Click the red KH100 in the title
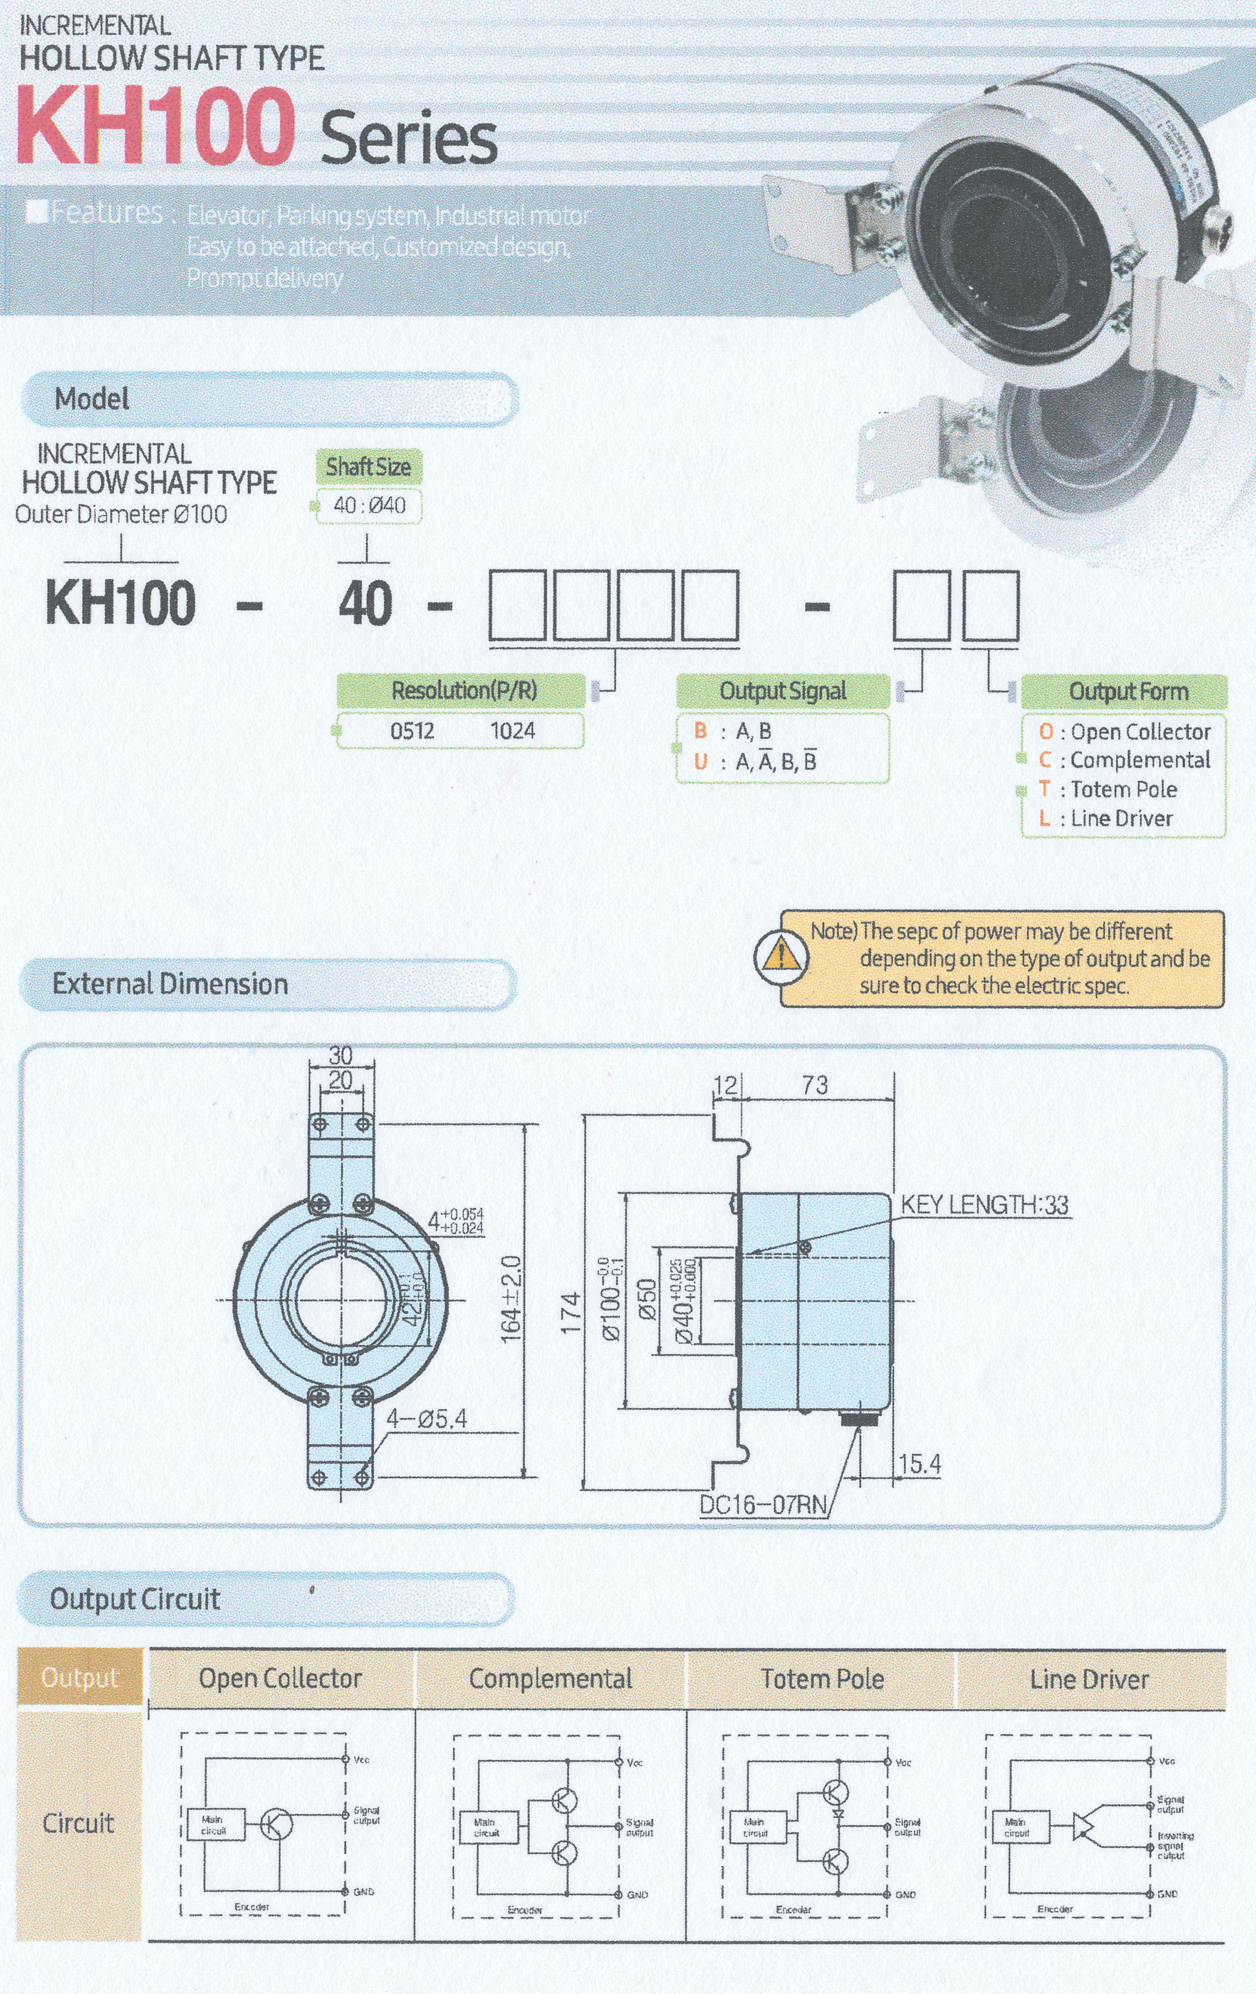pos(156,127)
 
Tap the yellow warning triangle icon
pos(779,957)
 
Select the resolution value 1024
pos(512,730)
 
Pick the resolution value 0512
pos(412,730)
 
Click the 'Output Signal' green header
pos(782,691)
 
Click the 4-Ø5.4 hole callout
pos(426,1419)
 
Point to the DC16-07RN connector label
pos(763,1504)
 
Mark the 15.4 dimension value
pos(920,1464)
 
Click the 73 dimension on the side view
pos(815,1085)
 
